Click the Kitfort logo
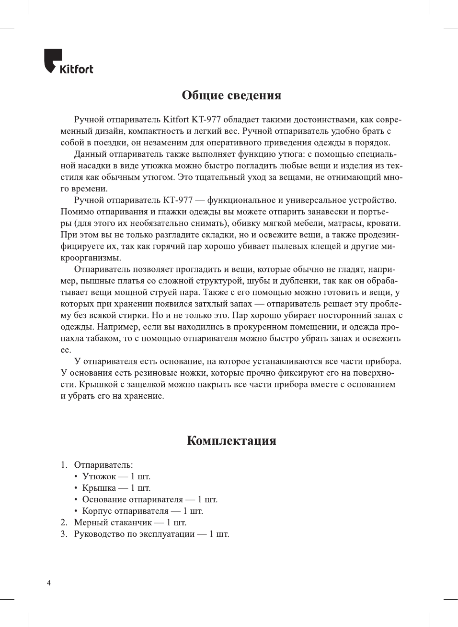point(69,62)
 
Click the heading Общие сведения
point(231,95)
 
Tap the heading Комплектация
point(231,441)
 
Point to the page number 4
point(48,583)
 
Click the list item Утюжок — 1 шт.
point(116,476)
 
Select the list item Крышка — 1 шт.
point(116,488)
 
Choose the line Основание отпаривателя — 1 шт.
point(149,499)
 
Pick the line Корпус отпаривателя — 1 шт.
point(142,511)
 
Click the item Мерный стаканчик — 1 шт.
point(130,522)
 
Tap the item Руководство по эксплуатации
point(151,534)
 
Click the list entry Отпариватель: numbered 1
point(103,465)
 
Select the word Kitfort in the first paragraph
point(176,119)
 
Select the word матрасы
point(345,223)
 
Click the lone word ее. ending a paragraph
point(66,350)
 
